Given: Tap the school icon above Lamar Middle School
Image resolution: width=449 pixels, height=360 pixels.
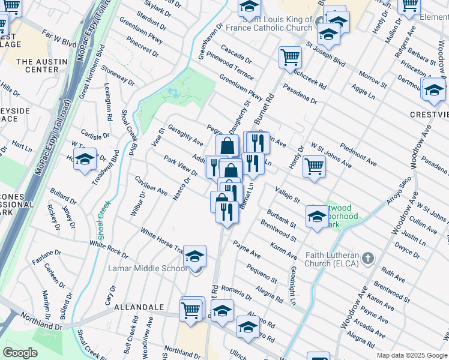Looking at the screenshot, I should (x=194, y=257).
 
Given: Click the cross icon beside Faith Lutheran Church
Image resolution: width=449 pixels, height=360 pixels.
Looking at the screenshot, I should (x=368, y=259).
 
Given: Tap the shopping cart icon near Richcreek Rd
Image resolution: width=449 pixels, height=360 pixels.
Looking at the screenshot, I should (x=290, y=58).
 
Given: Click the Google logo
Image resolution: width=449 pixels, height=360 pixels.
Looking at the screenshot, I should (x=20, y=353).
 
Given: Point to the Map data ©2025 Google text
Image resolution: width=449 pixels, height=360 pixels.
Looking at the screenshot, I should (x=411, y=355).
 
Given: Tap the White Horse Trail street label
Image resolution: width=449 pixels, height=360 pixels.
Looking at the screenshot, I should (x=162, y=239).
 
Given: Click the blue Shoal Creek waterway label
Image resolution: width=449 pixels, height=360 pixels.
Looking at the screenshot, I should (x=103, y=220).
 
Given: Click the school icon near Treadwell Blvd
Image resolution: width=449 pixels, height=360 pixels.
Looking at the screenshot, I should (x=86, y=160).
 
